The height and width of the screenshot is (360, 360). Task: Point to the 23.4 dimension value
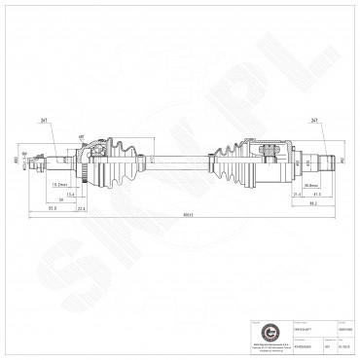coord(82,207)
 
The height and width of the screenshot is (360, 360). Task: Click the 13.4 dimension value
coord(69,193)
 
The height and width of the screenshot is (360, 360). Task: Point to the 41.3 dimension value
coord(290,195)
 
